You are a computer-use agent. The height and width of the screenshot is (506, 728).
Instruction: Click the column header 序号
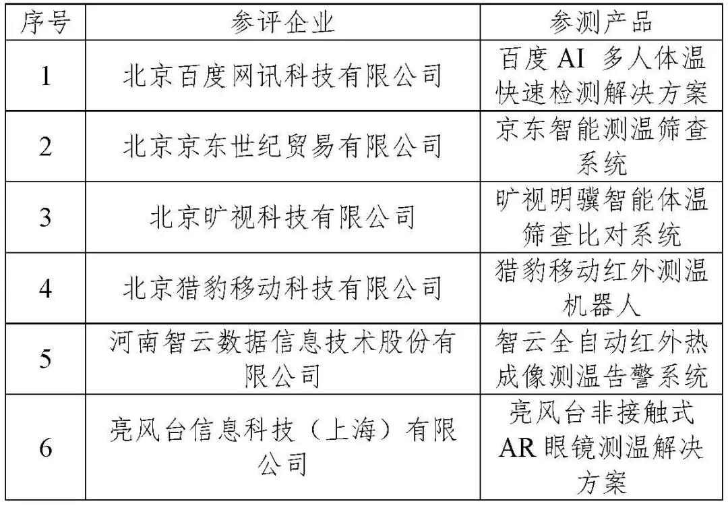click(46, 22)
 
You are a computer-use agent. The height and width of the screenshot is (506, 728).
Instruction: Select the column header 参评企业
click(282, 22)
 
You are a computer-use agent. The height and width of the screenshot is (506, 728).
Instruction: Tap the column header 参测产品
click(601, 22)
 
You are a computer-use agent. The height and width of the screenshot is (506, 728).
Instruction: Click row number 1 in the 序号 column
click(46, 76)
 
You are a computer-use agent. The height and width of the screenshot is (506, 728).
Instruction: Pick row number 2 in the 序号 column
click(46, 147)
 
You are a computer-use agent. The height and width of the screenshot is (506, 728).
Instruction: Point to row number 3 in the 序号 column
click(46, 217)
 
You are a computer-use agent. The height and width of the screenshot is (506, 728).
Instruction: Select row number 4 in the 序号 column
click(46, 289)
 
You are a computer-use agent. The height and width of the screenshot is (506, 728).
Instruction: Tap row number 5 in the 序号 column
click(46, 359)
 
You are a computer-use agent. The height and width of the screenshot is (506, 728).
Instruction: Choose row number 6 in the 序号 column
click(46, 447)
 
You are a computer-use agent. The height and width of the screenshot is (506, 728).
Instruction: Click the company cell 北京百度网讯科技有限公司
click(282, 76)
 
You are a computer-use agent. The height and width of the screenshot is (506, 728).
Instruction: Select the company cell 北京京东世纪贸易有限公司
click(282, 147)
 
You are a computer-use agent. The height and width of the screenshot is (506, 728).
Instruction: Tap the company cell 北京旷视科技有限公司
click(282, 217)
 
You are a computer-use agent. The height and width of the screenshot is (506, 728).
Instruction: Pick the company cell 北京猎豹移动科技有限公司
click(282, 289)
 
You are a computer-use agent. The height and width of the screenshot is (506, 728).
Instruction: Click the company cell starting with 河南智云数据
click(282, 359)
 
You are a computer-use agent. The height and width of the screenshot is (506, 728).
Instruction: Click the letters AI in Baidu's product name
click(571, 59)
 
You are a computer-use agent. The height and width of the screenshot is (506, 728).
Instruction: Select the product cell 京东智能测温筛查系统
click(601, 147)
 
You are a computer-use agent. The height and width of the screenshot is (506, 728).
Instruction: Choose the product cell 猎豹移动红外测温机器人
click(601, 289)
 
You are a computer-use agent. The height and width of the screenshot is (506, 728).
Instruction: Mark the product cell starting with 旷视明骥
click(601, 217)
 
